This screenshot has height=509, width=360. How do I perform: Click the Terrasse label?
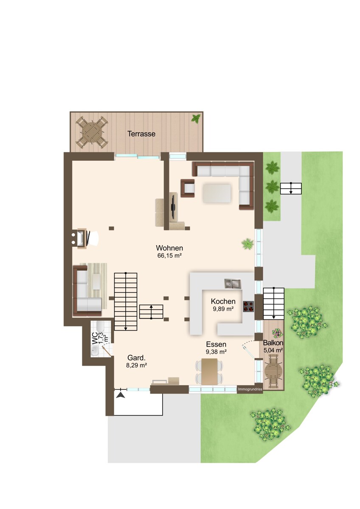(x=141, y=134)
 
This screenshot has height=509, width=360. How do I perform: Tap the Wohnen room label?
(x=169, y=248)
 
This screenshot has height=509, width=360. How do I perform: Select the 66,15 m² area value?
(x=169, y=256)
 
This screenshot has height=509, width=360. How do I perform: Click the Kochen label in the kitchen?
(x=223, y=301)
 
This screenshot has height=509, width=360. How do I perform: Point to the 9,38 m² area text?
(x=216, y=352)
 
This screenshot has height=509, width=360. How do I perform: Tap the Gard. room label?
(x=136, y=358)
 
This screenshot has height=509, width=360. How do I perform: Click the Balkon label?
(x=273, y=343)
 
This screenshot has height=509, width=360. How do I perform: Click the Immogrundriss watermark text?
(x=250, y=389)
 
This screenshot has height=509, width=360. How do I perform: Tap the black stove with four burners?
(x=248, y=306)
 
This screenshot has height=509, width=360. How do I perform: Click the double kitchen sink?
(x=232, y=284)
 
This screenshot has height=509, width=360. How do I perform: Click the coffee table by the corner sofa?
(x=217, y=193)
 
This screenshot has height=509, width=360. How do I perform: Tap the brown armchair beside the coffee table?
(x=188, y=188)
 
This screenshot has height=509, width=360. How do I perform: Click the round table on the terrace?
(x=92, y=132)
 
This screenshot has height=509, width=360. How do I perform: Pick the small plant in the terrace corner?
(x=196, y=118)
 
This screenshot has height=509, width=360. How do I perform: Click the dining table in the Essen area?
(x=209, y=371)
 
